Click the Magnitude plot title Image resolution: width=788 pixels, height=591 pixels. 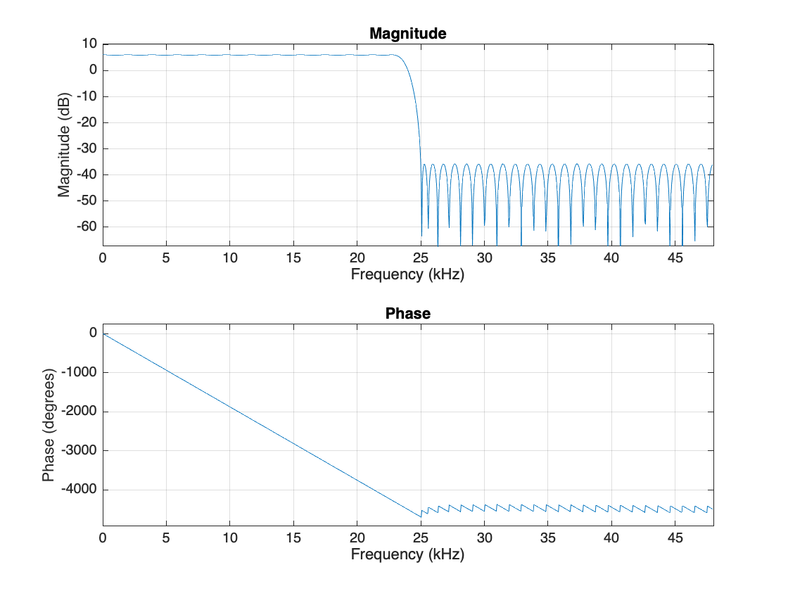407,33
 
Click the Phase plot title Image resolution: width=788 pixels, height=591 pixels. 407,314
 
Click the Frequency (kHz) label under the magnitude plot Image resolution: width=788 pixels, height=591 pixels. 407,274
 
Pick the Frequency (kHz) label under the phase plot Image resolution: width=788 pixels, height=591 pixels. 407,554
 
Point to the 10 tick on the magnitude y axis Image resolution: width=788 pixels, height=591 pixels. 89,44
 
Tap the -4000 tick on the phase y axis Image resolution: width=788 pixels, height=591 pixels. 79,489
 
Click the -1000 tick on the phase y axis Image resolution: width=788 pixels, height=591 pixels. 79,372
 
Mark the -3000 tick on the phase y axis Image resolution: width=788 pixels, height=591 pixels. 79,450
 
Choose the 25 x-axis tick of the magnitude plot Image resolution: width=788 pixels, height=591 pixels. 420,258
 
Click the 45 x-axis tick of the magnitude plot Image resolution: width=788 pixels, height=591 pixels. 675,258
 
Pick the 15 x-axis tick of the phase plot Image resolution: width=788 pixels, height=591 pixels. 293,538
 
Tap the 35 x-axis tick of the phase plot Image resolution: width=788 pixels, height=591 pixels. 547,538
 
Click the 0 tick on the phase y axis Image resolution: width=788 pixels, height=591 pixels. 93,333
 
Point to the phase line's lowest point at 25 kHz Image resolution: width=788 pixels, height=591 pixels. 421,516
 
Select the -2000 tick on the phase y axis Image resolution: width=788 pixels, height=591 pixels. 79,412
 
